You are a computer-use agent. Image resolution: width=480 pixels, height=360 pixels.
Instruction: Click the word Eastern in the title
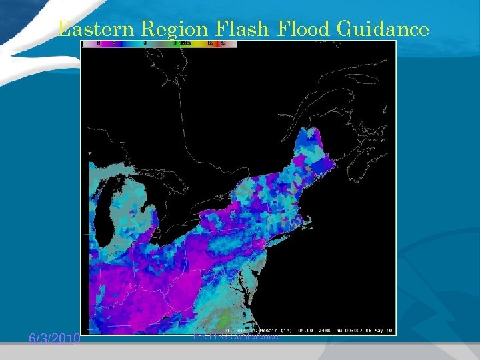(91, 29)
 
